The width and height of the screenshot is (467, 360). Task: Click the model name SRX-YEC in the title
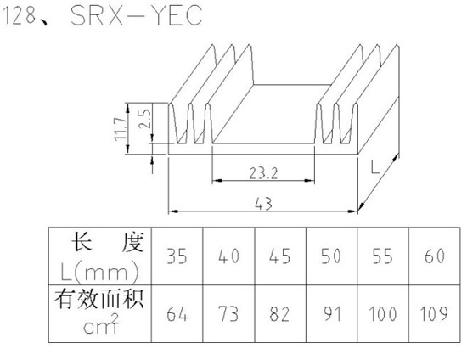coord(137,15)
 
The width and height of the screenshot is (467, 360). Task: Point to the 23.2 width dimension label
coord(263,173)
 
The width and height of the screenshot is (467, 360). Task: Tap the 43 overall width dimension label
coord(263,204)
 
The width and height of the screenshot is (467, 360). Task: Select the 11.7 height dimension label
coord(120,128)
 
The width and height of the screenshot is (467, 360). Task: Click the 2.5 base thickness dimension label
coord(145,118)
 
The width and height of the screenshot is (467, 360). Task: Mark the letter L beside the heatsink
coord(375,166)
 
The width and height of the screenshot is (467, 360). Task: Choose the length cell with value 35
coord(177,256)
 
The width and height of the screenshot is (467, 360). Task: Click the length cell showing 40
coord(228,256)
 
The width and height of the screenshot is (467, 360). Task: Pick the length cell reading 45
coord(280,256)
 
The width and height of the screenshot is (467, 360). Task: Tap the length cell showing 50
coord(331,256)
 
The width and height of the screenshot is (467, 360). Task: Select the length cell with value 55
coord(383,256)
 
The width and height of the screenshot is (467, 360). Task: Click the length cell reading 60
coord(435,256)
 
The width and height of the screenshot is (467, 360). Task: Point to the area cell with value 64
coord(177,313)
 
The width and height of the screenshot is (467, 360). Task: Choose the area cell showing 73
coord(228,313)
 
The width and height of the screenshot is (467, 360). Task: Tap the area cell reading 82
coord(280,313)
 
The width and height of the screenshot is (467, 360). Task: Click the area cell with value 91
coord(331,313)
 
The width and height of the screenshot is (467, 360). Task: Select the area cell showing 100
coord(383,313)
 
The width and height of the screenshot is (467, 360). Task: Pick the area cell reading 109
coord(435,313)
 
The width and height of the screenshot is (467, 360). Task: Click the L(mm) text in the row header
coord(100,273)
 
